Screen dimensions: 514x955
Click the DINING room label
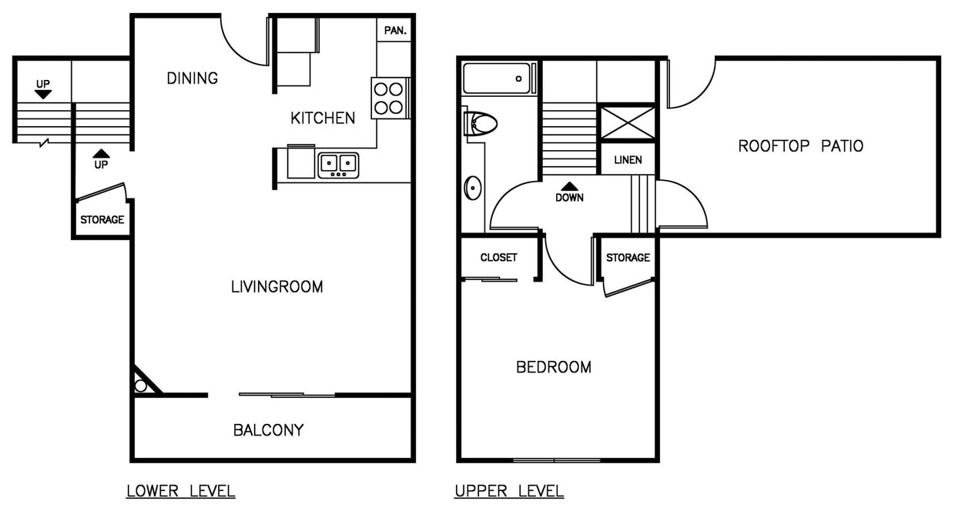point(193,78)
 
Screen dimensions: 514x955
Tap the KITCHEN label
point(323,118)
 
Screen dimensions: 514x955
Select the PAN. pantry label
point(395,31)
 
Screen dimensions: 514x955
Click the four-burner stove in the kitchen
point(389,98)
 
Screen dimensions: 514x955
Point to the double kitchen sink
point(338,164)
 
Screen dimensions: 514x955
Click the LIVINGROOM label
point(276,287)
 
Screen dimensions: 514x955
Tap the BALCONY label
point(268,430)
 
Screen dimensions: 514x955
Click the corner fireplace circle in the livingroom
point(141,385)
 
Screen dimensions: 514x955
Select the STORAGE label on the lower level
point(102,220)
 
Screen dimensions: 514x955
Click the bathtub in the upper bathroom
point(498,78)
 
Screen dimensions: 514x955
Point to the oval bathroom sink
point(473,188)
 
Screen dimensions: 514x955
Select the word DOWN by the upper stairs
point(569,197)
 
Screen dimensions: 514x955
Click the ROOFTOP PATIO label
point(800,145)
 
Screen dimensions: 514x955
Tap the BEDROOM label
point(554,367)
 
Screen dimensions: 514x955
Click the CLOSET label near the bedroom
point(498,258)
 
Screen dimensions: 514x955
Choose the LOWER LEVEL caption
point(180,491)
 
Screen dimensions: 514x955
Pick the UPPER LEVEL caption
point(508,491)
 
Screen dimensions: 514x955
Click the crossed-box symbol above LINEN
point(627,123)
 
